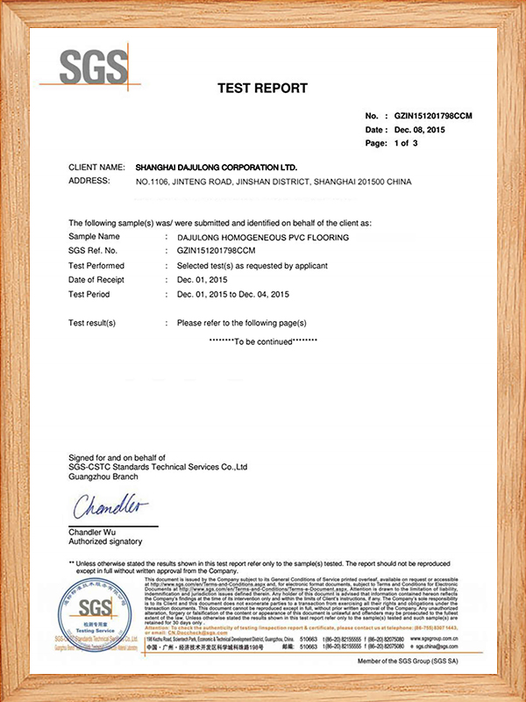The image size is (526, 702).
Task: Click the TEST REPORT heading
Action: click(262, 88)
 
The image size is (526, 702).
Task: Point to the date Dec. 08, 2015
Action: click(423, 129)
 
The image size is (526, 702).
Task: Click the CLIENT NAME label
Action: click(97, 167)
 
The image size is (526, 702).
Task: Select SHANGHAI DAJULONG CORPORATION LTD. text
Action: click(217, 167)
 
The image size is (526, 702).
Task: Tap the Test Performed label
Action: click(96, 265)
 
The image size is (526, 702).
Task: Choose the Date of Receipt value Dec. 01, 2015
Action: click(210, 279)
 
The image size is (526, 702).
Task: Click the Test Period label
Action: click(91, 293)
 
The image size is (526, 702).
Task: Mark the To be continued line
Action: click(263, 340)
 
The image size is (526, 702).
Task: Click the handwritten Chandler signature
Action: click(110, 506)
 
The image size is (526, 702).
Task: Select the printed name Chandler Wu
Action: click(93, 532)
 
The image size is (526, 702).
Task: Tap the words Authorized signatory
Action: click(105, 541)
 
